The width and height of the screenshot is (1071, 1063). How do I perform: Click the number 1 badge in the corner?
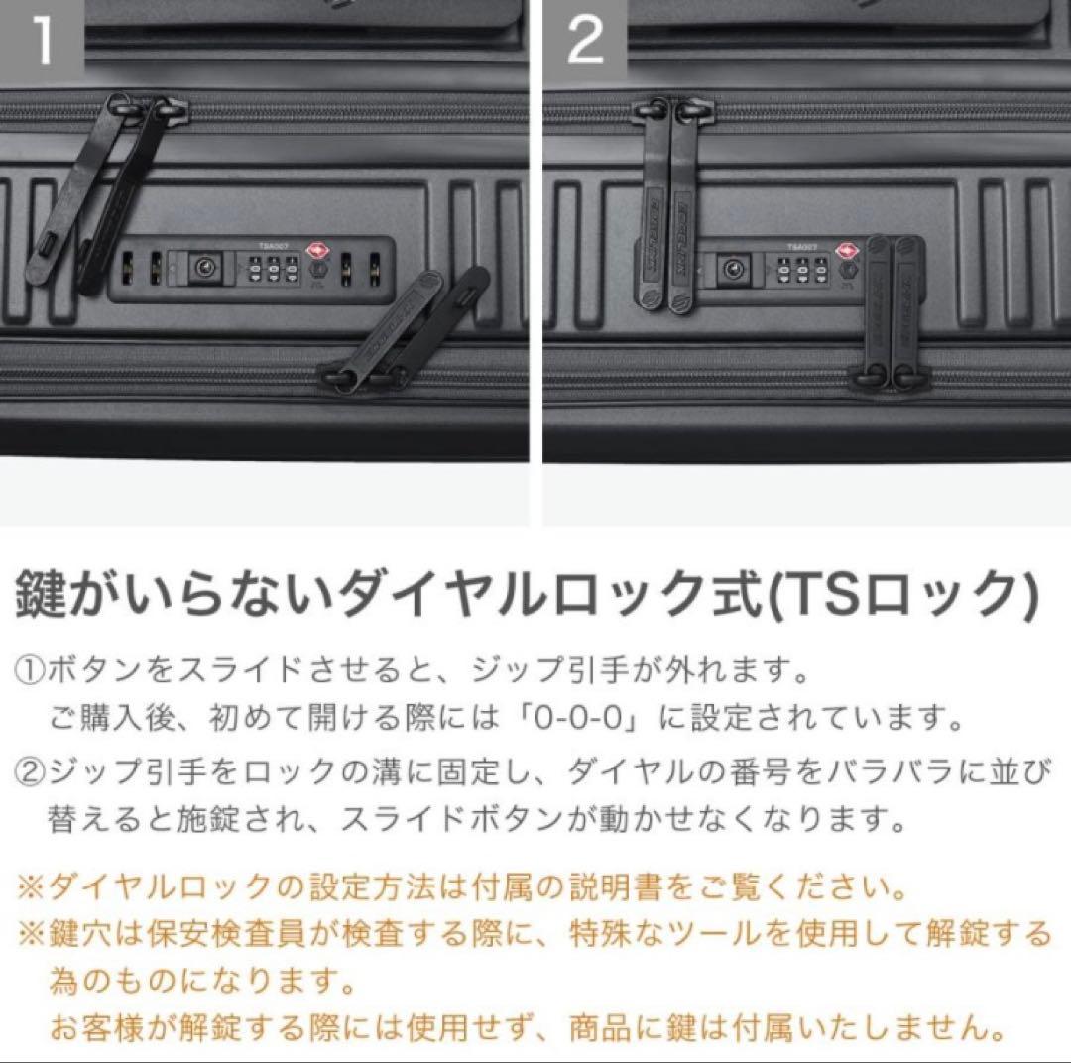[x=41, y=42]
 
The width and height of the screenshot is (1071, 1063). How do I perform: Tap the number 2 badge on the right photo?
[x=585, y=42]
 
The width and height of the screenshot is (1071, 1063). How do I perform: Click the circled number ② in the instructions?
[x=27, y=770]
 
